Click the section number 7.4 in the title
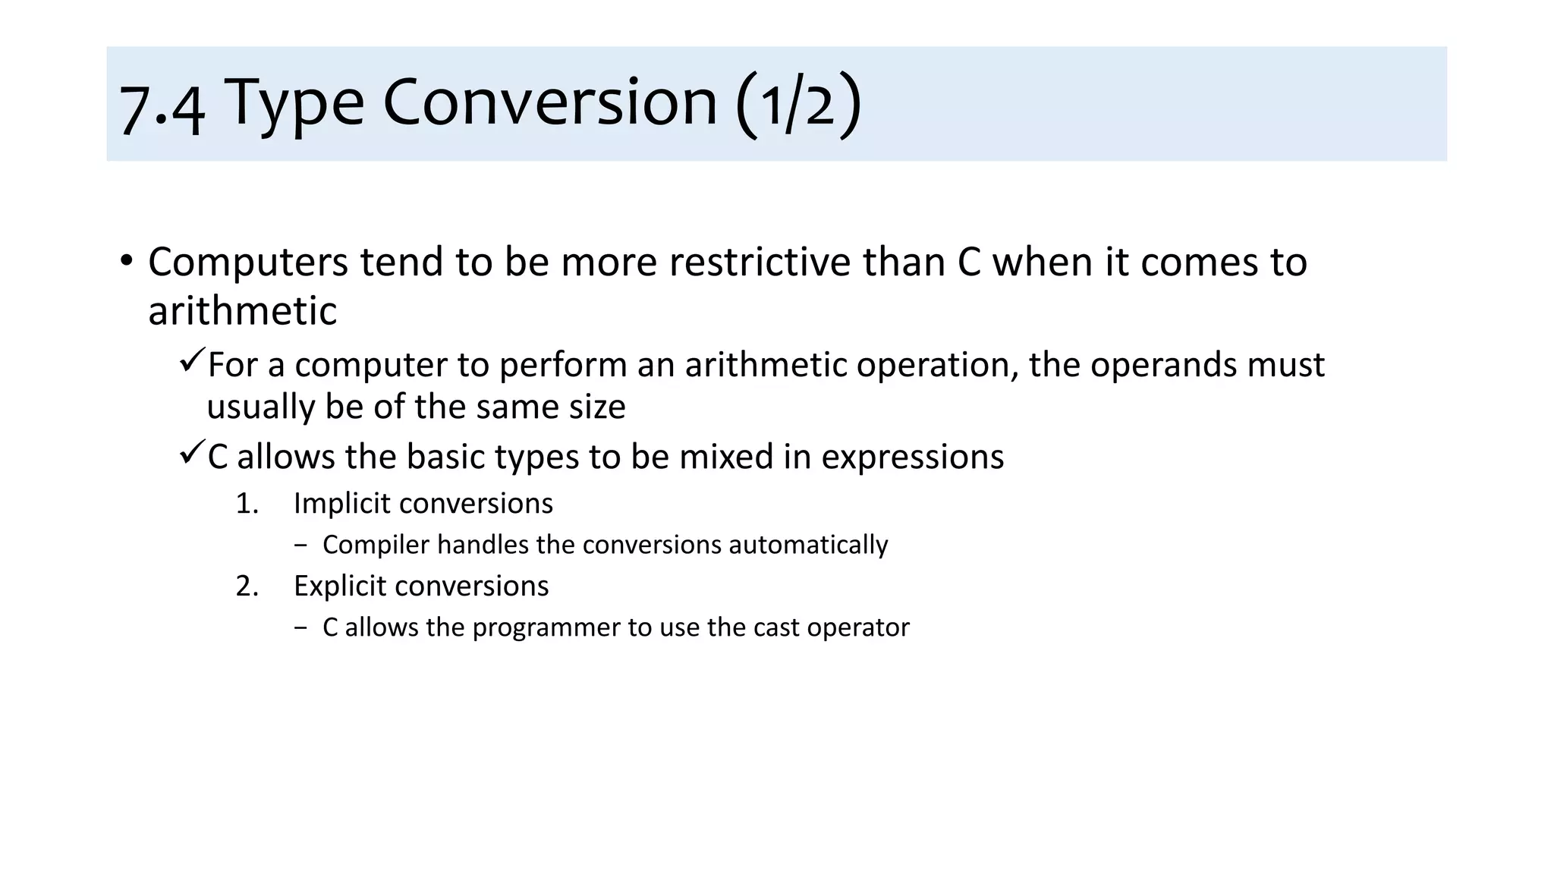pos(162,107)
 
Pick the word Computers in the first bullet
pos(247,263)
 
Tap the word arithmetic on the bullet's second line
pos(242,311)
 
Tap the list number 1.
pos(247,504)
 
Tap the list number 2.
pos(247,586)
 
